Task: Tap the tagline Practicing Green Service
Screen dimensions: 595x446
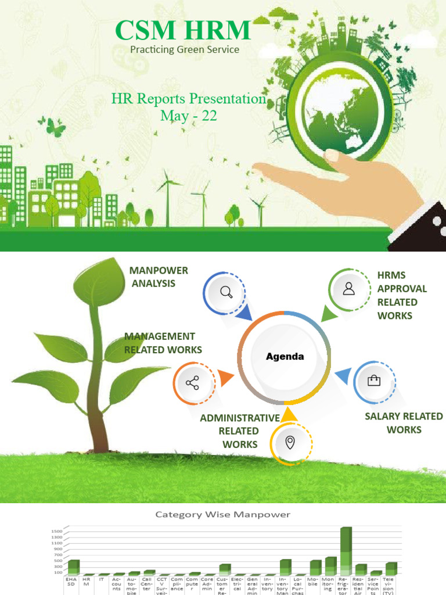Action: click(x=184, y=49)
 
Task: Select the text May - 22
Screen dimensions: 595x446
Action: click(x=188, y=116)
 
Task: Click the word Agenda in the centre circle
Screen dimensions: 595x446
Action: click(x=285, y=356)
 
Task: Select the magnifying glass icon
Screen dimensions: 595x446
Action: click(x=226, y=292)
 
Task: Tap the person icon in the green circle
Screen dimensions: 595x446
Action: click(x=348, y=289)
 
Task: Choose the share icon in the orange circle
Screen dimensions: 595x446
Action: click(x=192, y=383)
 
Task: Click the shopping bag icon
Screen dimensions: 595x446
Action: click(x=374, y=381)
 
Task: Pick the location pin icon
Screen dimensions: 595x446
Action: click(x=290, y=443)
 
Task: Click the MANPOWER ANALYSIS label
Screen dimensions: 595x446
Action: click(x=159, y=277)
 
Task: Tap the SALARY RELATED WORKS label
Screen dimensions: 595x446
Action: click(x=404, y=423)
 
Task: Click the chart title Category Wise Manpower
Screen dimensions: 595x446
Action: click(x=222, y=514)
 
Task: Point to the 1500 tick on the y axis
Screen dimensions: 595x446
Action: click(x=56, y=531)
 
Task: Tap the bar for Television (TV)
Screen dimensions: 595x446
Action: click(x=391, y=568)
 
